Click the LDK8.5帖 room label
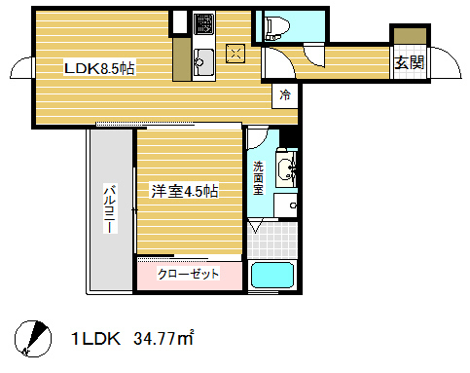click(x=99, y=68)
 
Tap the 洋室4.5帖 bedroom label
click(x=183, y=191)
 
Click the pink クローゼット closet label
click(x=189, y=274)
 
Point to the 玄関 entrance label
click(x=410, y=63)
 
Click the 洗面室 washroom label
click(x=259, y=178)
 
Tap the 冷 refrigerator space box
click(x=285, y=95)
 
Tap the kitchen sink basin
click(x=203, y=62)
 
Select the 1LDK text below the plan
click(x=95, y=340)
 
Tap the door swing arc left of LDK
click(x=21, y=70)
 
